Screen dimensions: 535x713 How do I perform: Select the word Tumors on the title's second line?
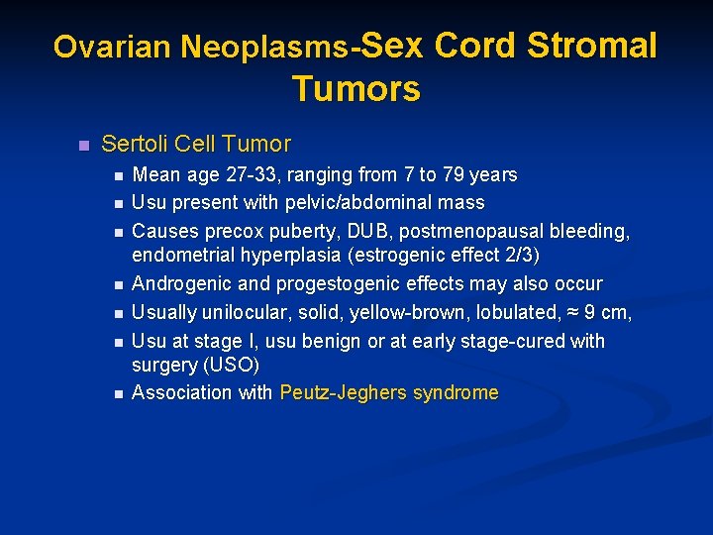[x=356, y=89]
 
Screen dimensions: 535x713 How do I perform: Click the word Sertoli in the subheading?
[x=134, y=144]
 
